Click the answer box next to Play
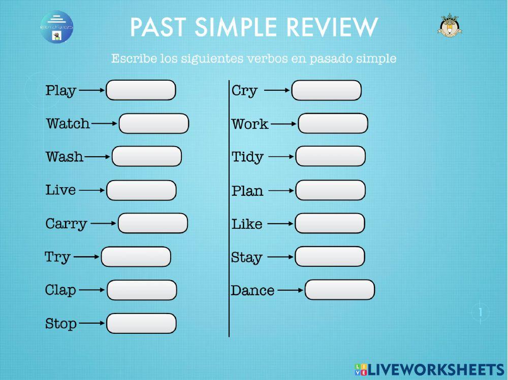point(141,90)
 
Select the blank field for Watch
point(153,124)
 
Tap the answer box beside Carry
point(152,223)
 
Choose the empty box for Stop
point(141,323)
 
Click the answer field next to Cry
point(326,90)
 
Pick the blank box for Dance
point(339,290)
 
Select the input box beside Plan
point(330,190)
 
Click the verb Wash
point(65,157)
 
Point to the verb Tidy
point(247,157)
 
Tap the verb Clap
point(60,290)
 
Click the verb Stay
point(246,258)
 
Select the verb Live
point(60,190)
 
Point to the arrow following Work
point(283,123)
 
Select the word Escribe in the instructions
point(132,58)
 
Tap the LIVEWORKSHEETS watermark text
point(434,369)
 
